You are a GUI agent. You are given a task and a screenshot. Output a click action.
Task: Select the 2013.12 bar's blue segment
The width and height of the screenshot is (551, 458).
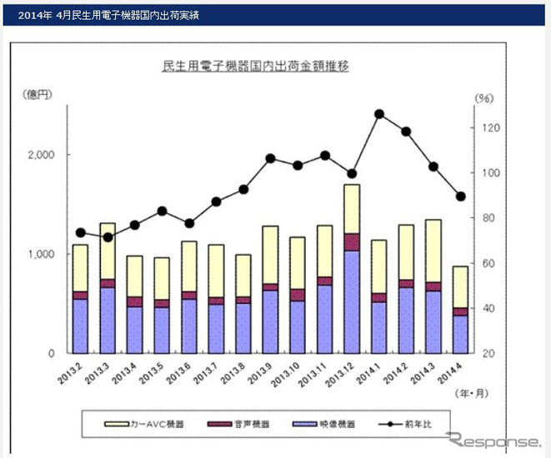(x=352, y=300)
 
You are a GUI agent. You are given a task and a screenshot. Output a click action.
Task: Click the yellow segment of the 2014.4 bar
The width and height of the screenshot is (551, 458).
(x=459, y=286)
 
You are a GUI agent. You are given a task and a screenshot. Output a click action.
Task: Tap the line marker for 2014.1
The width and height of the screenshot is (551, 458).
(x=379, y=114)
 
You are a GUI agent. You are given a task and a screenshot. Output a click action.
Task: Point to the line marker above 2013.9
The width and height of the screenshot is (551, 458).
(x=270, y=158)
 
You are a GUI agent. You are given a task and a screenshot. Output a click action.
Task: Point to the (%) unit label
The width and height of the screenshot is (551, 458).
(x=484, y=98)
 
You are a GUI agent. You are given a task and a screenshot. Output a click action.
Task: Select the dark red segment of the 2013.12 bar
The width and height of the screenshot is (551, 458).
(x=352, y=241)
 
